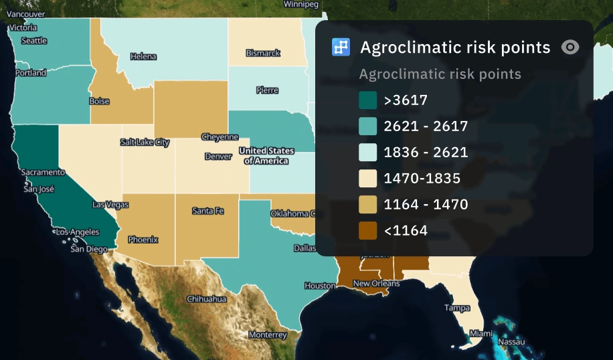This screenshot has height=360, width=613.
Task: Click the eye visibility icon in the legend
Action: click(570, 47)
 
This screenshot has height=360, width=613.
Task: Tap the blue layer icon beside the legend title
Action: click(341, 47)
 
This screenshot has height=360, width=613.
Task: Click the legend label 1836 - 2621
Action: click(426, 153)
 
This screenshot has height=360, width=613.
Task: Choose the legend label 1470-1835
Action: click(422, 179)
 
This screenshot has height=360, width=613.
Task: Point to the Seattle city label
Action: click(34, 41)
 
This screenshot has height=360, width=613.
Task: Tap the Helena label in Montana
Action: click(143, 57)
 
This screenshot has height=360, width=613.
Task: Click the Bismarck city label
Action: click(263, 53)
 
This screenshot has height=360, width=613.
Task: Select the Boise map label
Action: click(99, 102)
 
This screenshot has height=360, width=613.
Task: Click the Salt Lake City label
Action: click(145, 143)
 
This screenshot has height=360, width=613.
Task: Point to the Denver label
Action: click(218, 157)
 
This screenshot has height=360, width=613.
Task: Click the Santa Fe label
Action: click(207, 211)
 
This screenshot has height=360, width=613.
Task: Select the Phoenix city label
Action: click(143, 239)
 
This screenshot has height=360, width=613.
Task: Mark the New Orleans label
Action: click(376, 284)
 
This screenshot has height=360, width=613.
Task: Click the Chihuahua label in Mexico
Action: click(206, 299)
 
